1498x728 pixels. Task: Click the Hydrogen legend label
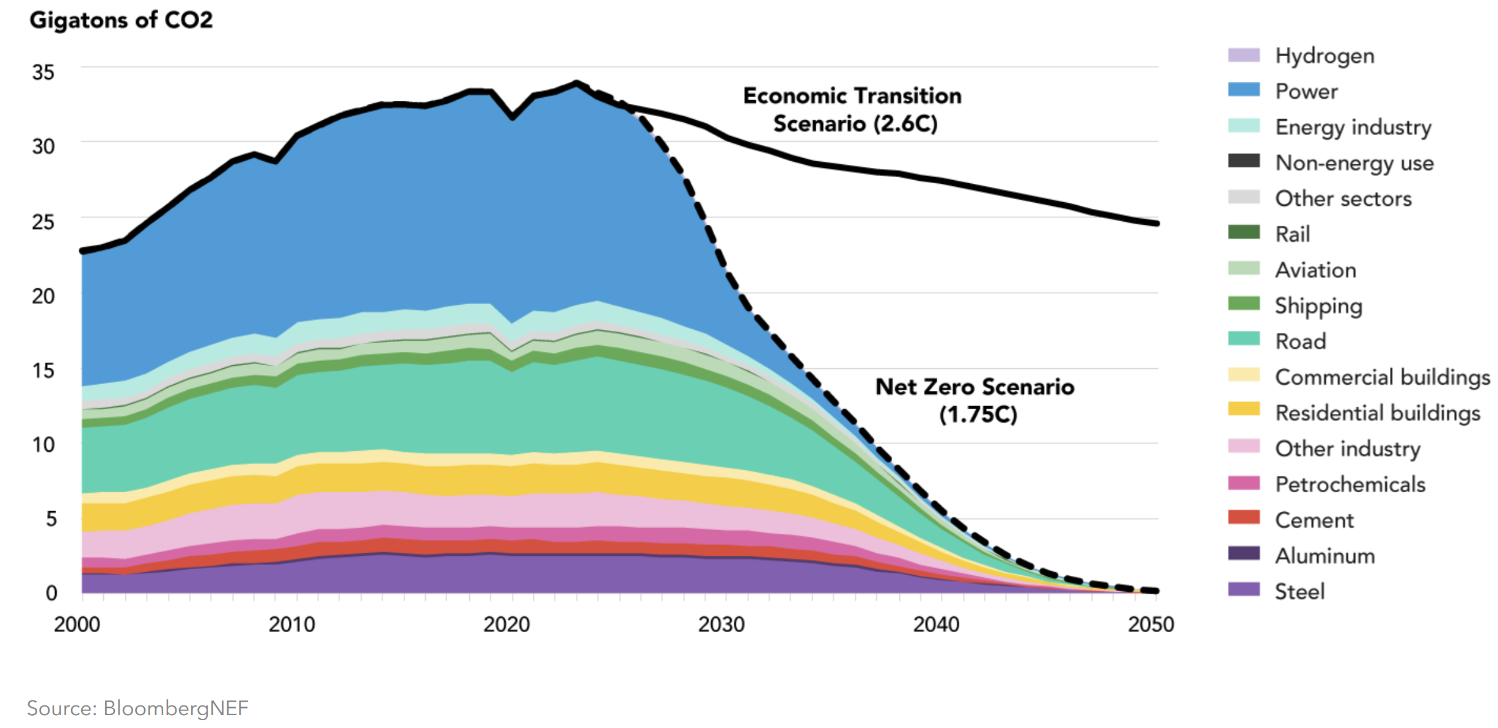pos(1324,56)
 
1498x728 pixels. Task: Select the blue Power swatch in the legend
pos(1244,90)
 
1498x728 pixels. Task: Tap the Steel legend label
pos(1299,591)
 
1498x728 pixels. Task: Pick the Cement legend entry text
pos(1314,520)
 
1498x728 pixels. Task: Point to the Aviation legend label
pos(1315,270)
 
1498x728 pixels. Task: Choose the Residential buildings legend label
pos(1378,413)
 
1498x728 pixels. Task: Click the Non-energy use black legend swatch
pos(1244,161)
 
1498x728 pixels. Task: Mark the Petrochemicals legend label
pos(1350,484)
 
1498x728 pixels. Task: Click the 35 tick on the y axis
pos(43,73)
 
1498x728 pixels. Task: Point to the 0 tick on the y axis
pos(51,592)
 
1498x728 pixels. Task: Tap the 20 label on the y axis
pos(43,296)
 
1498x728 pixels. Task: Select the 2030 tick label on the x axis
pos(722,625)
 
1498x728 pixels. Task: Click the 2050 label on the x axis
pos(1151,625)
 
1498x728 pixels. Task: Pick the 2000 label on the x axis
pos(77,625)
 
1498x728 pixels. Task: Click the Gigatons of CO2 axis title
pos(121,20)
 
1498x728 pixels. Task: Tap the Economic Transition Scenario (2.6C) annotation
pos(853,110)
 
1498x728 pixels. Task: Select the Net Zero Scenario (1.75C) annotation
pos(975,401)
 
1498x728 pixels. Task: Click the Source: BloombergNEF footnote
pos(137,708)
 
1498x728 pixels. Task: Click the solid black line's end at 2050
pos(1156,224)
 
